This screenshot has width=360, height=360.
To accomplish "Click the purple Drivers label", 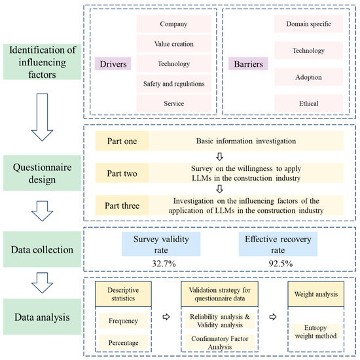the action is pyautogui.click(x=113, y=63).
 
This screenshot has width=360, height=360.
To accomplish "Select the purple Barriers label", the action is pyautogui.click(x=248, y=63).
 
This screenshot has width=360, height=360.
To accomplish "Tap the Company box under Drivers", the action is pyautogui.click(x=174, y=24).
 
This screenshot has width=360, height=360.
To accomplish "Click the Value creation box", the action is pyautogui.click(x=174, y=44).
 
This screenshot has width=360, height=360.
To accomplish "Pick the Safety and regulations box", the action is pyautogui.click(x=174, y=84).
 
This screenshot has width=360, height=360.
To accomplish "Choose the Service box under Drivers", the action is pyautogui.click(x=174, y=103).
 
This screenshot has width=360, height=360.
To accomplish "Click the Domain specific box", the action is pyautogui.click(x=308, y=24).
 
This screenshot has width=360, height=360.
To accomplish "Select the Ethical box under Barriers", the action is pyautogui.click(x=308, y=103).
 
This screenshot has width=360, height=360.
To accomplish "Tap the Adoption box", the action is pyautogui.click(x=308, y=77).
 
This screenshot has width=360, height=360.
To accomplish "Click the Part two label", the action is pyautogui.click(x=122, y=173).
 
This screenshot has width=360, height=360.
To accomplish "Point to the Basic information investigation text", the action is pyautogui.click(x=246, y=141).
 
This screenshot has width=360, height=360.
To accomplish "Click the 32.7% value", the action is pyautogui.click(x=164, y=263).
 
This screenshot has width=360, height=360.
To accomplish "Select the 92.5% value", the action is pyautogui.click(x=281, y=263).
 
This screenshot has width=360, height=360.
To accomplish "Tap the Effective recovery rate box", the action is pyautogui.click(x=278, y=244).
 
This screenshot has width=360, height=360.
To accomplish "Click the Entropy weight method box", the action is pyautogui.click(x=316, y=332).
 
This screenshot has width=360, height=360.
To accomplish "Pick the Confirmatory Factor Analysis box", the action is pyautogui.click(x=220, y=342).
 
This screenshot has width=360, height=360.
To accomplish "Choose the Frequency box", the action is pyautogui.click(x=123, y=321).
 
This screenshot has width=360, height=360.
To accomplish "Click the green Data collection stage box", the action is pyautogui.click(x=42, y=249).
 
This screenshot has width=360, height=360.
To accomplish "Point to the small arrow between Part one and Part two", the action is pyautogui.click(x=220, y=157).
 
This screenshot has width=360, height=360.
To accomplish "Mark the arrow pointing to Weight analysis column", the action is pyautogui.click(x=273, y=317).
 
